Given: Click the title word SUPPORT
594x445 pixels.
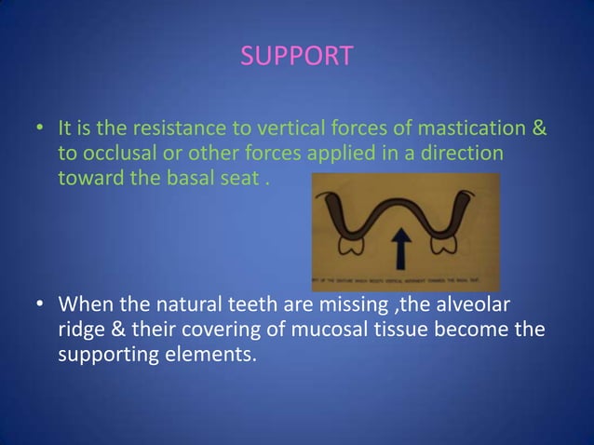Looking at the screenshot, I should coord(297,57).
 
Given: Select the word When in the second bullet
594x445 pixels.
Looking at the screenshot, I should coord(87,306).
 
